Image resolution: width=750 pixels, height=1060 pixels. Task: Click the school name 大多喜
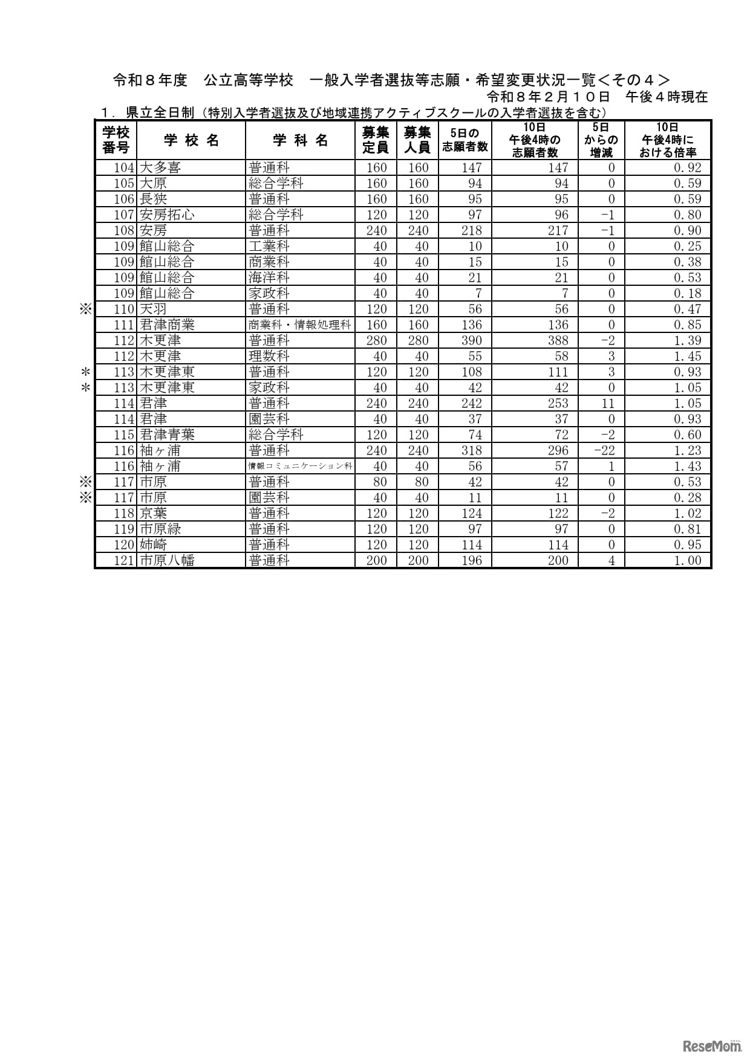(160, 168)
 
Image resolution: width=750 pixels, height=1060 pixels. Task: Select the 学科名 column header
(300, 141)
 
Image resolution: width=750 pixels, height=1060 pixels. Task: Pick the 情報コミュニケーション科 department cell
(300, 467)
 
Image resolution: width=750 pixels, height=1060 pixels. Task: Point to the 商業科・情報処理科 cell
(300, 325)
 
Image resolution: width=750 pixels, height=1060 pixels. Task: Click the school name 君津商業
(168, 325)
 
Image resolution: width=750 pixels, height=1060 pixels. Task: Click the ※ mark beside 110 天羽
(85, 309)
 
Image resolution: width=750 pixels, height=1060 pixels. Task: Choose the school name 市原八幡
(168, 561)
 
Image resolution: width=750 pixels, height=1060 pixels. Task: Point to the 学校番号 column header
(116, 140)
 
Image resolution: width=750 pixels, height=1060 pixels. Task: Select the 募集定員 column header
(376, 140)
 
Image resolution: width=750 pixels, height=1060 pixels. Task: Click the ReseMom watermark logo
(712, 1045)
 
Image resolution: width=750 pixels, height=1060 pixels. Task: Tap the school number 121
(123, 561)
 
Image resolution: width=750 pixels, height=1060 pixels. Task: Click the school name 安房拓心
(168, 215)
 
